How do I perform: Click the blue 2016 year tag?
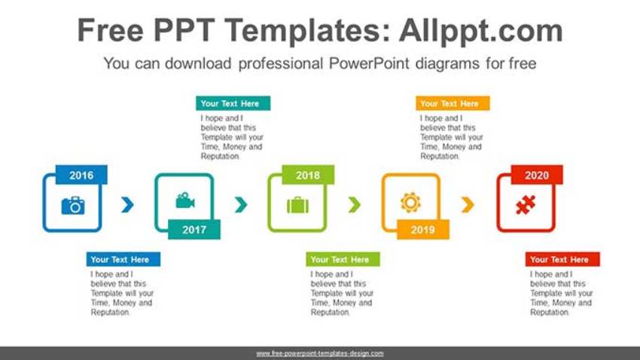(81, 175)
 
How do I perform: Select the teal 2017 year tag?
(194, 230)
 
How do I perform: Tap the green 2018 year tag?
(307, 175)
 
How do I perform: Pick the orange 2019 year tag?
(422, 230)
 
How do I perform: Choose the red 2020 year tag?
(537, 175)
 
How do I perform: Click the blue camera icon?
(73, 205)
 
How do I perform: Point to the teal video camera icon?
(184, 201)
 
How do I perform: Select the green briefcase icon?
(297, 205)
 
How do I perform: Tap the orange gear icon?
(410, 202)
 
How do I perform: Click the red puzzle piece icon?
(525, 205)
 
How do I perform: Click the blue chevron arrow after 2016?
(128, 204)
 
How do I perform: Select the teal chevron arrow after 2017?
(241, 204)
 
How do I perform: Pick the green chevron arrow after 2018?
(354, 204)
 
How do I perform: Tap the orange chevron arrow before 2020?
(468, 204)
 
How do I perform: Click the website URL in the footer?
(320, 353)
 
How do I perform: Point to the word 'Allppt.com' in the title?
(480, 31)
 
